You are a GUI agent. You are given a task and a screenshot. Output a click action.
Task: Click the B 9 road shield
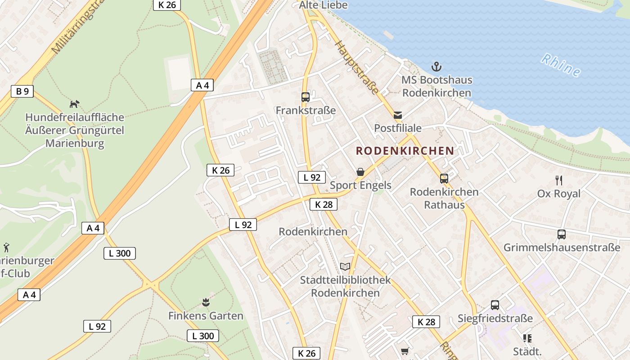[x=22, y=91]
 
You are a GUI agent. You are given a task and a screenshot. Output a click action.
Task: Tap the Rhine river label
[x=560, y=65]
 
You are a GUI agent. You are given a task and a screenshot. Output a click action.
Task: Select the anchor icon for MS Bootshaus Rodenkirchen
[x=436, y=67]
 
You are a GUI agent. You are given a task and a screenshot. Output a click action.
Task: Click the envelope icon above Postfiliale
[x=398, y=115]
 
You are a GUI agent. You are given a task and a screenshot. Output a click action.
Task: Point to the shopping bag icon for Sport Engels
[x=360, y=172]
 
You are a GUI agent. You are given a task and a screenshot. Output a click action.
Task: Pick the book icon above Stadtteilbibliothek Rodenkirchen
[x=345, y=266]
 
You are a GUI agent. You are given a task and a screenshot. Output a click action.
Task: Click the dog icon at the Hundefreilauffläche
[x=74, y=104]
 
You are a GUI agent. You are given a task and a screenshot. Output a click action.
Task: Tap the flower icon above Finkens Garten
[x=206, y=302]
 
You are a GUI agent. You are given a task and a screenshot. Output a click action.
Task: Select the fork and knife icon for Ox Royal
[x=559, y=180]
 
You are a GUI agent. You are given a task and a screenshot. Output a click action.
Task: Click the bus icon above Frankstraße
[x=306, y=97]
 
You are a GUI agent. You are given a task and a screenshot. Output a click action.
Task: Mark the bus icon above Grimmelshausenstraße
[x=562, y=234]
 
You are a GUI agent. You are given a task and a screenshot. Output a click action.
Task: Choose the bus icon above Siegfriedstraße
[x=495, y=305]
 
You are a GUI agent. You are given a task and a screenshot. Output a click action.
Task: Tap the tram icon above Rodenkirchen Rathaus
[x=444, y=178]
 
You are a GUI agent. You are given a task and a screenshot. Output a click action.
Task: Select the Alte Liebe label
[x=323, y=5]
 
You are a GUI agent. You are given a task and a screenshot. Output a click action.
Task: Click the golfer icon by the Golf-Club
[x=6, y=247]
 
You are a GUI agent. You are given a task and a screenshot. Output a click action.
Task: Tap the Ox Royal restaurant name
[x=559, y=194]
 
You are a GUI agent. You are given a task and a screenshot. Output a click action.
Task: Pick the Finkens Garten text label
[x=206, y=316]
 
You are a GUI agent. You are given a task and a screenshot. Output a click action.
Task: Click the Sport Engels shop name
[x=360, y=185]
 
